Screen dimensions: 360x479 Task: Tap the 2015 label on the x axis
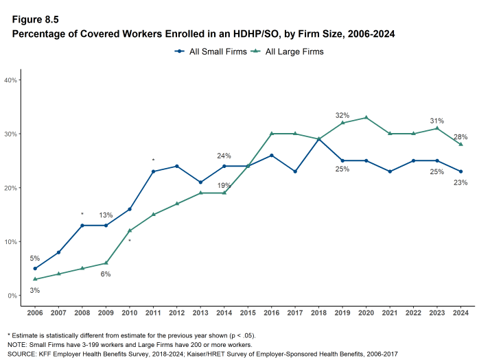point(248,313)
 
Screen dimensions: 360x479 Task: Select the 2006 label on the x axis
point(34,313)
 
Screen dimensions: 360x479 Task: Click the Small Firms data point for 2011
point(153,171)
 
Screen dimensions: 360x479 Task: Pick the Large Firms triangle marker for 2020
point(366,117)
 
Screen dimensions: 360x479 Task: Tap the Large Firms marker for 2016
point(271,134)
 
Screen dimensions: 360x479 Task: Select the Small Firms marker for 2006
point(34,268)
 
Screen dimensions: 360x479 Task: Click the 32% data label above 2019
point(342,115)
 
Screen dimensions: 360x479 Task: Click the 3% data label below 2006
point(34,290)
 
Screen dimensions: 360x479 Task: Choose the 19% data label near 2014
point(224,185)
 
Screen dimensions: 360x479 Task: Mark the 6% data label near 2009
point(106,274)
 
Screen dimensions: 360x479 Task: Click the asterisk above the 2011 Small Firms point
point(153,161)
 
